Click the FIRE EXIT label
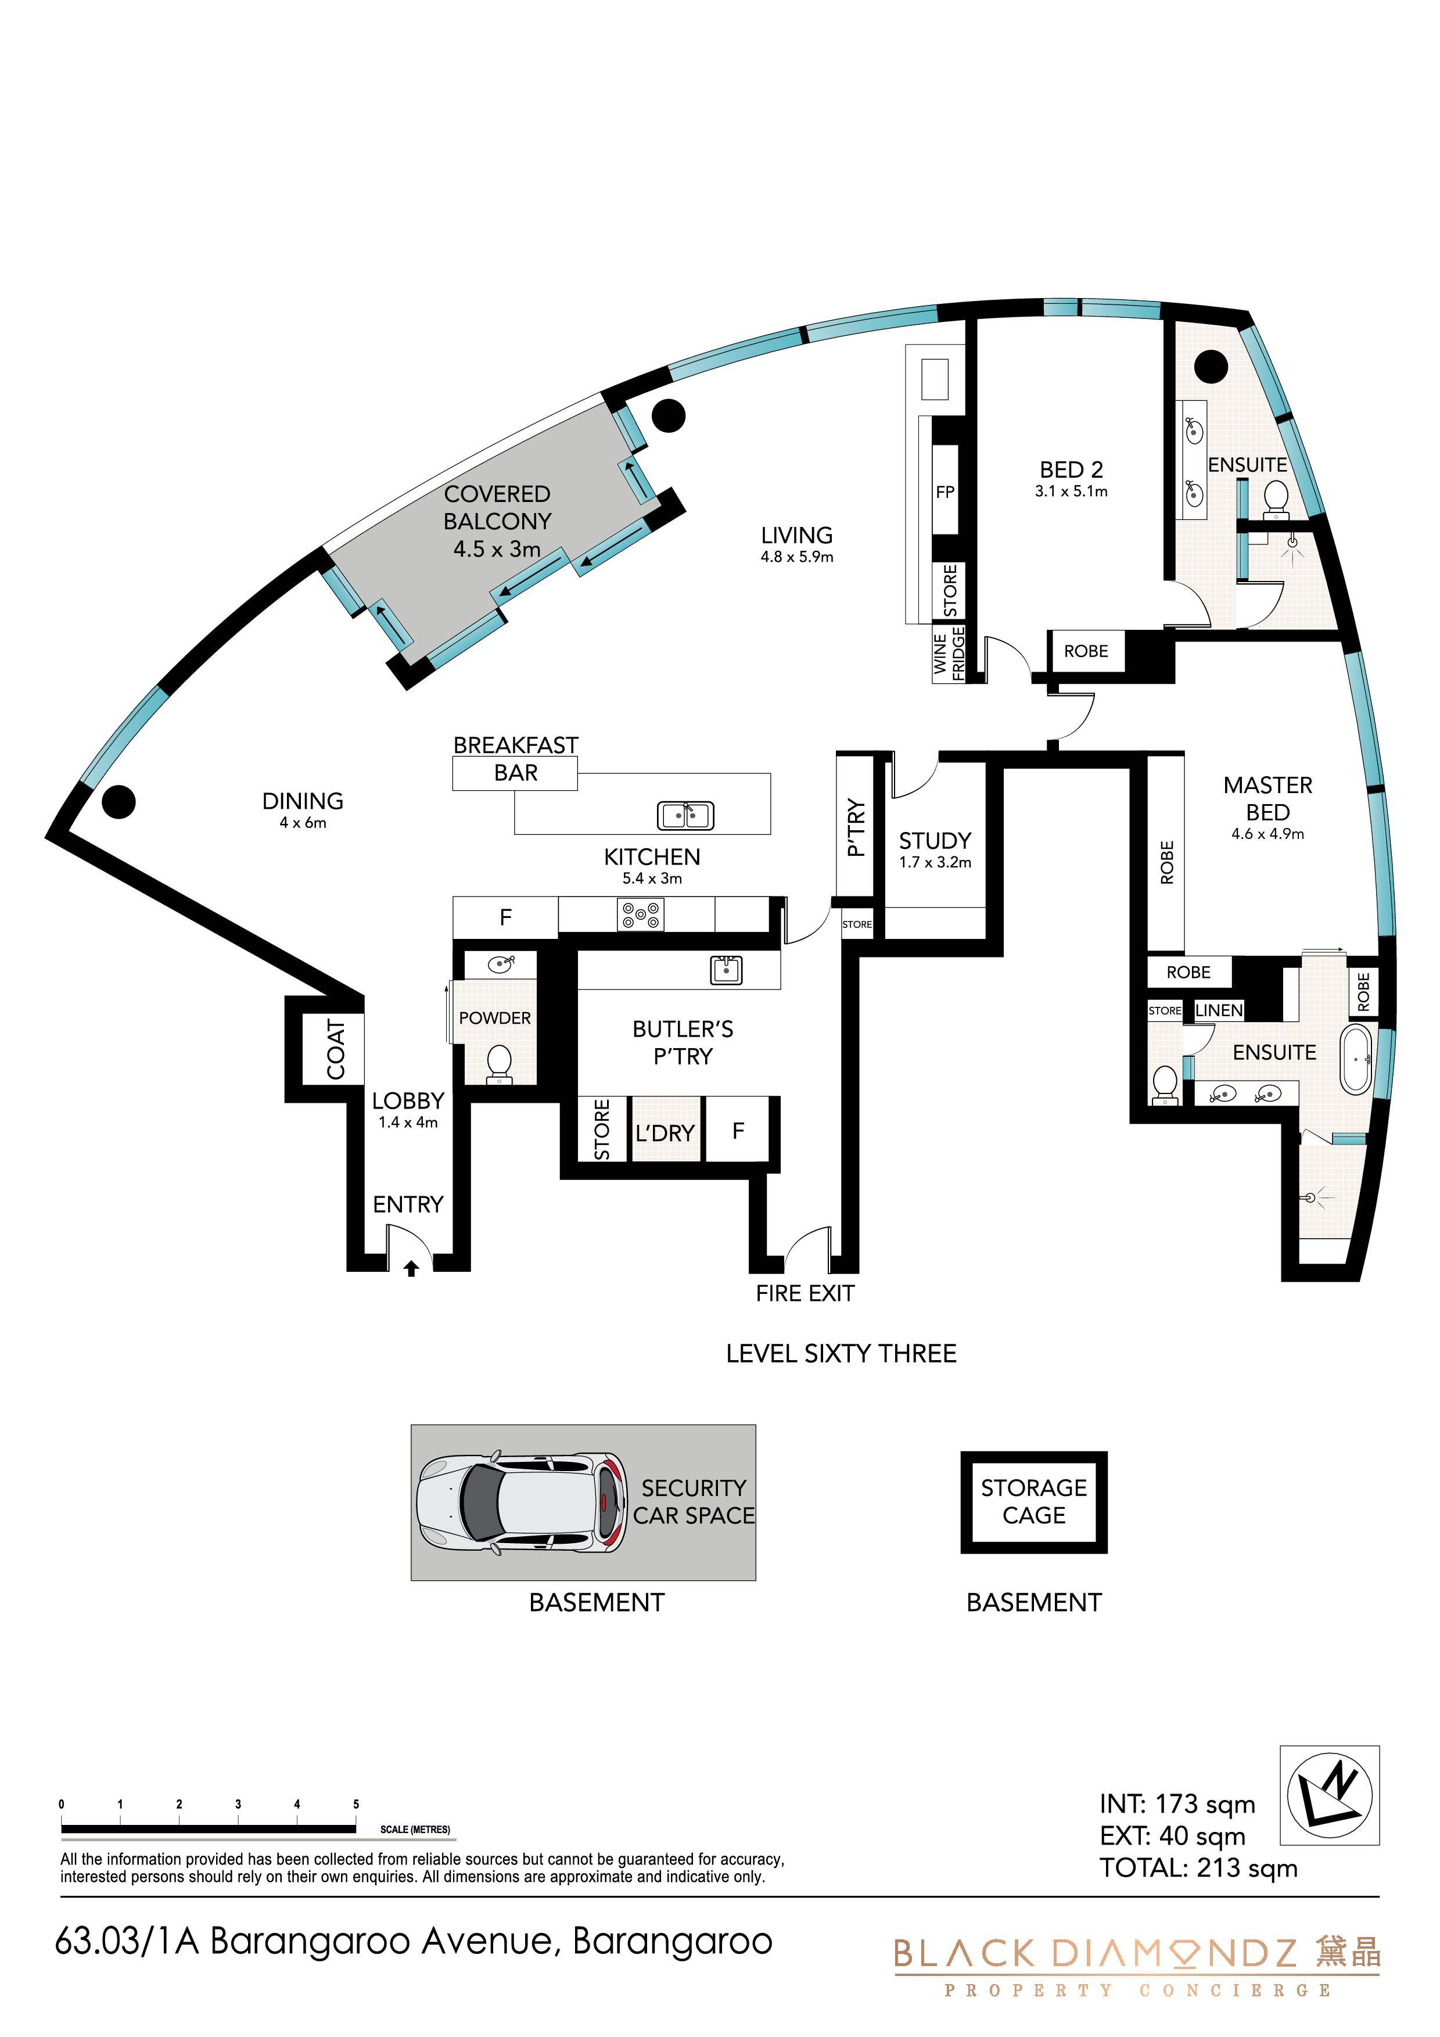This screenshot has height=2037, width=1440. pyautogui.click(x=805, y=1293)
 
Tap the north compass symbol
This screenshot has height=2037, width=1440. pyautogui.click(x=1329, y=1798)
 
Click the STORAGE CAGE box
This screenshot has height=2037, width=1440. pyautogui.click(x=1033, y=1502)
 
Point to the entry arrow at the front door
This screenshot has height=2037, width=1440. pyautogui.click(x=411, y=1269)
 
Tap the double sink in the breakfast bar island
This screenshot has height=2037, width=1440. pyautogui.click(x=685, y=815)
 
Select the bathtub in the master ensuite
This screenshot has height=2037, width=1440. pyautogui.click(x=1356, y=1059)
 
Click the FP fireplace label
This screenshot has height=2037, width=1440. pyautogui.click(x=945, y=492)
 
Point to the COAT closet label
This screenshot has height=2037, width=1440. pyautogui.click(x=335, y=1049)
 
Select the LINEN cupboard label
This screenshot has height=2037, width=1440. pyautogui.click(x=1219, y=1010)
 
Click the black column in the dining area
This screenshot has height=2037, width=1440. pyautogui.click(x=118, y=801)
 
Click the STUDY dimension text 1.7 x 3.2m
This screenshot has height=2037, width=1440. pyautogui.click(x=935, y=862)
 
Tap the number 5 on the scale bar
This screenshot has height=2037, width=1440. pyautogui.click(x=355, y=1803)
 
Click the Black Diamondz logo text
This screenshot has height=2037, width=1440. pyautogui.click(x=1095, y=1953)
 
